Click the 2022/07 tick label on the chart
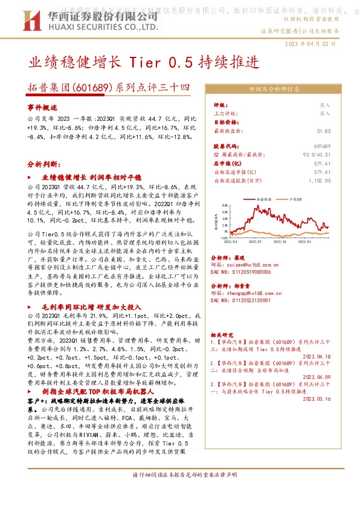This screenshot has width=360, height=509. (253, 241)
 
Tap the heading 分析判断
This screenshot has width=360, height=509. (45, 164)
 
